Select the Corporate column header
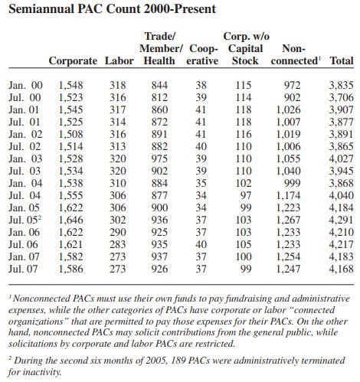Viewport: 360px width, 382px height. (x=73, y=60)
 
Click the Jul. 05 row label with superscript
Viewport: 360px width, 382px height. (x=27, y=219)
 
